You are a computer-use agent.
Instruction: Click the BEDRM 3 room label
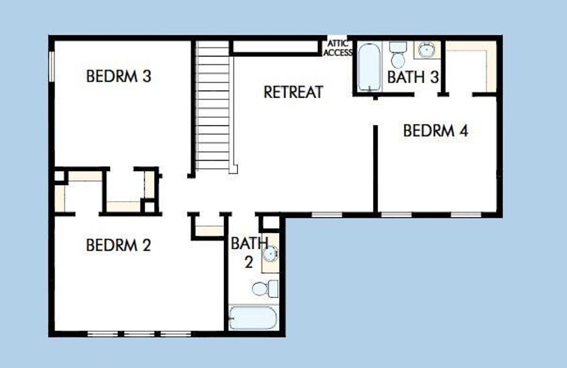[118, 77]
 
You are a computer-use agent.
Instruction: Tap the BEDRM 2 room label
[118, 245]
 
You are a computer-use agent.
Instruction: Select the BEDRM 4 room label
[436, 131]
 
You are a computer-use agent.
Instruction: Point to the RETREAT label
[293, 92]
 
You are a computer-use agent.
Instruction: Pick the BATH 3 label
[413, 78]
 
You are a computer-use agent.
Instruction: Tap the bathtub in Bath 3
[369, 67]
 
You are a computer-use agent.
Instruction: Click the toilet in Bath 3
[398, 55]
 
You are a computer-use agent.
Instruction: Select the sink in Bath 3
[426, 50]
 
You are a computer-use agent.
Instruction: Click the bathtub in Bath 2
[253, 318]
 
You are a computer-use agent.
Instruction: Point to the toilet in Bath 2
[264, 288]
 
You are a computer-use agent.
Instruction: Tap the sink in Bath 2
[271, 253]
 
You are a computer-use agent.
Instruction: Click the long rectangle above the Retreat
[277, 47]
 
